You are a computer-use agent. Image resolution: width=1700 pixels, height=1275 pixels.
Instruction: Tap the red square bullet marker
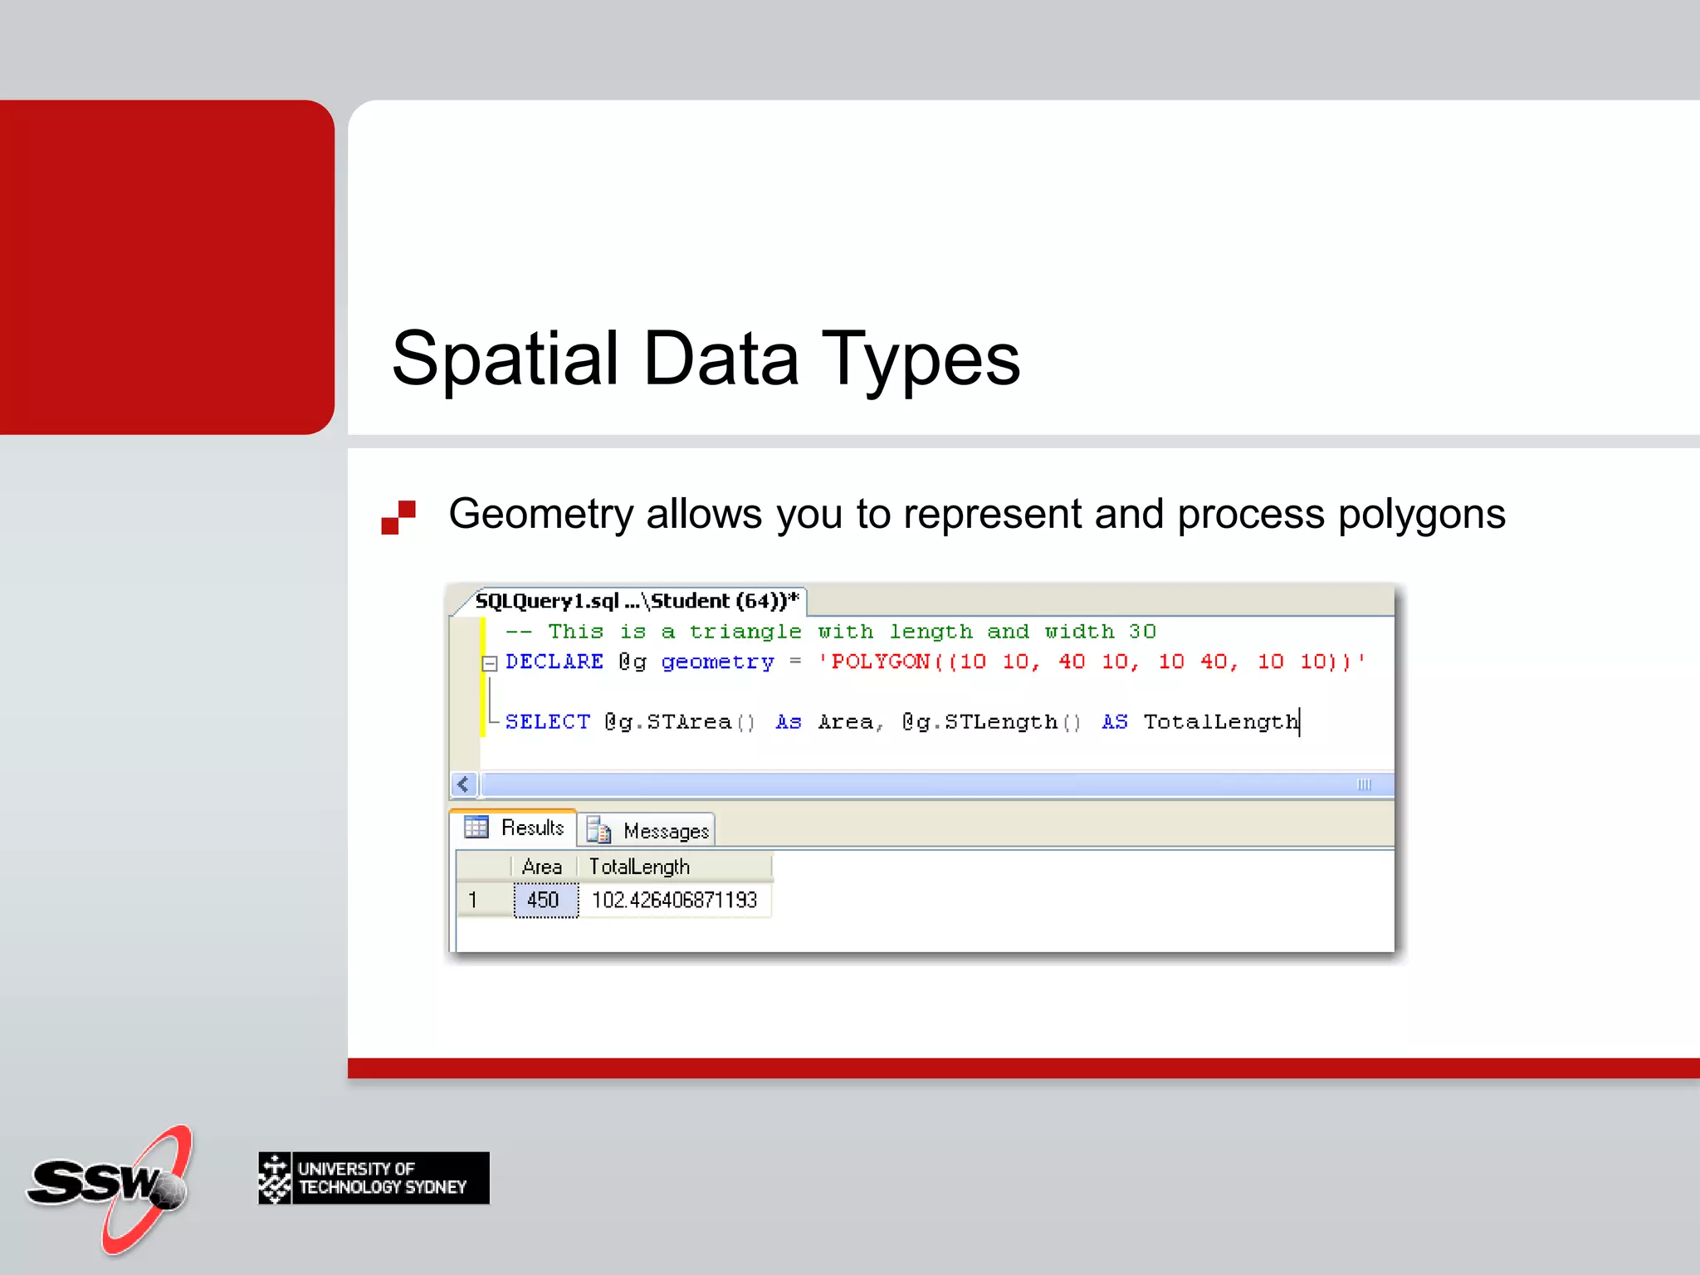coord(398,516)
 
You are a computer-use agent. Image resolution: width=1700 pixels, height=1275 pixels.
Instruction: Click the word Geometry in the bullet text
coord(540,514)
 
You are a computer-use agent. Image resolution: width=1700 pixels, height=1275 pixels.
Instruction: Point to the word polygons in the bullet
coord(1421,514)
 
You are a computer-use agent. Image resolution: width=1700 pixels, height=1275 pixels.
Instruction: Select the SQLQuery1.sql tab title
coord(636,600)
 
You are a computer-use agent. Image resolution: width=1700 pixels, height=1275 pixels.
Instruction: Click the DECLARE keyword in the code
coord(554,662)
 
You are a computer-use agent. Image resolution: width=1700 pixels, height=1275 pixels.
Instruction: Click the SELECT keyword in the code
coord(547,721)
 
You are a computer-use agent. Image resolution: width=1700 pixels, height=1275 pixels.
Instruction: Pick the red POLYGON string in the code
coord(1091,662)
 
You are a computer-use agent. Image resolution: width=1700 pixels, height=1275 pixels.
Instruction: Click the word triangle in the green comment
coord(745,632)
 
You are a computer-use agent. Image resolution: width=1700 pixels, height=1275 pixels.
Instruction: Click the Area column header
coord(541,867)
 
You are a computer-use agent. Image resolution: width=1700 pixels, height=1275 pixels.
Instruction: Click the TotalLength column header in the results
coord(639,867)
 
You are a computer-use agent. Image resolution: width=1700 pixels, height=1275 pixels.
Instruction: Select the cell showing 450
coord(544,900)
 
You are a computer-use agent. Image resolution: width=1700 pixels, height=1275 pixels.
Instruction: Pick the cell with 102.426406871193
coord(674,900)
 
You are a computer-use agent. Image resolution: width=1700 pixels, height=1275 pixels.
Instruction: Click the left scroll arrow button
coord(463,784)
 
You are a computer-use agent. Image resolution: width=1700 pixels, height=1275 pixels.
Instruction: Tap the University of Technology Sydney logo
coord(374,1177)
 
